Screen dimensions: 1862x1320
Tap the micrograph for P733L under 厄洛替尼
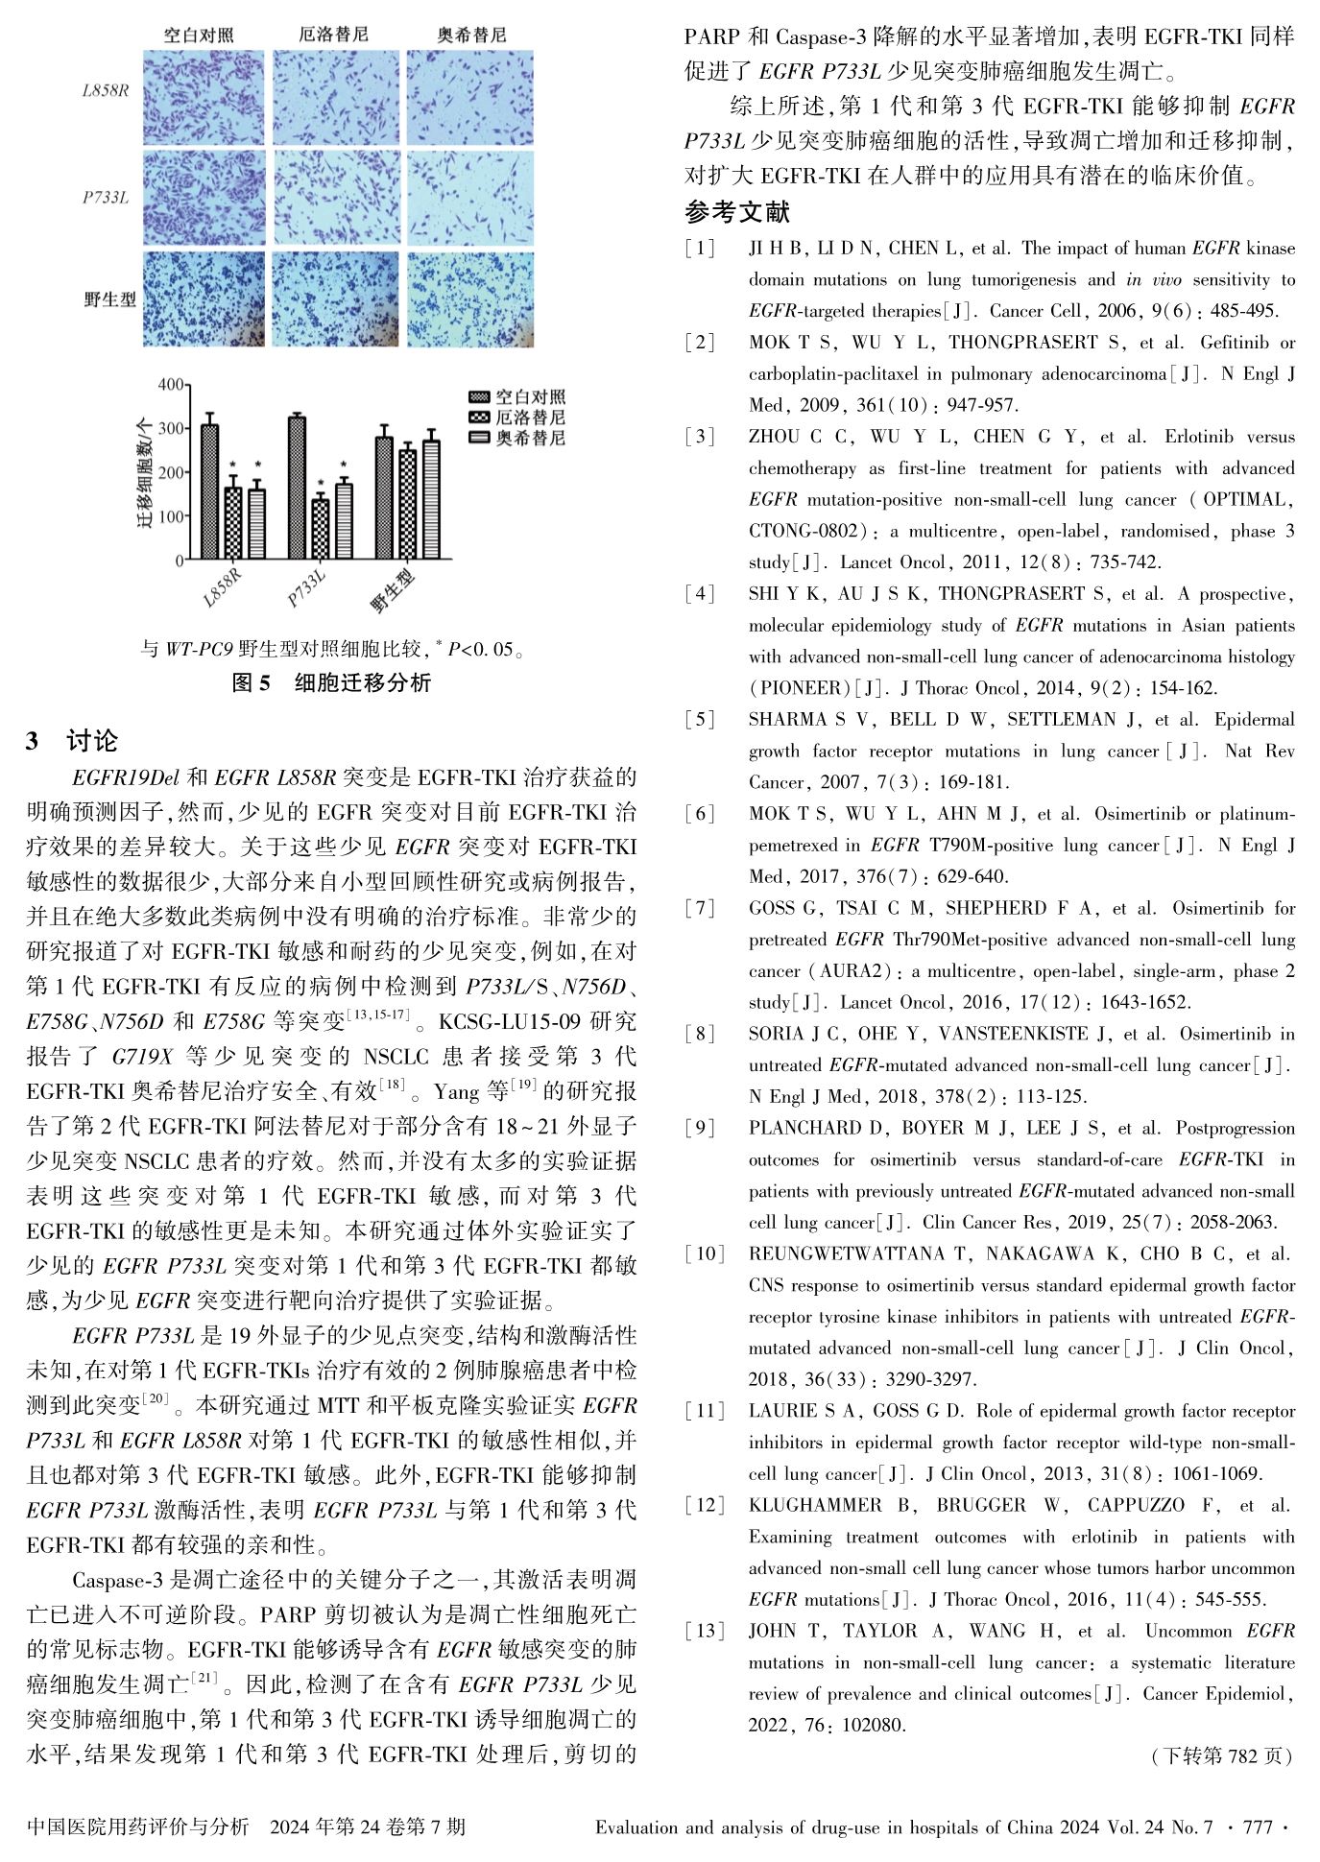pos(333,198)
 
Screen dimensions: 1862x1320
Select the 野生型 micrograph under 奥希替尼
pos(470,298)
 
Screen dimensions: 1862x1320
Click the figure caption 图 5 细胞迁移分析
pos(332,682)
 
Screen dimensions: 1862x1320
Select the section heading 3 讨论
pos(73,741)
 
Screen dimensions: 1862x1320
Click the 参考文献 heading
pos(737,211)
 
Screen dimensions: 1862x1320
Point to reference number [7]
pos(700,908)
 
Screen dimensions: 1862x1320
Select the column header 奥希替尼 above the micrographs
pos(470,36)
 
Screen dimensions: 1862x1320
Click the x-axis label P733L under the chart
pos(307,587)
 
